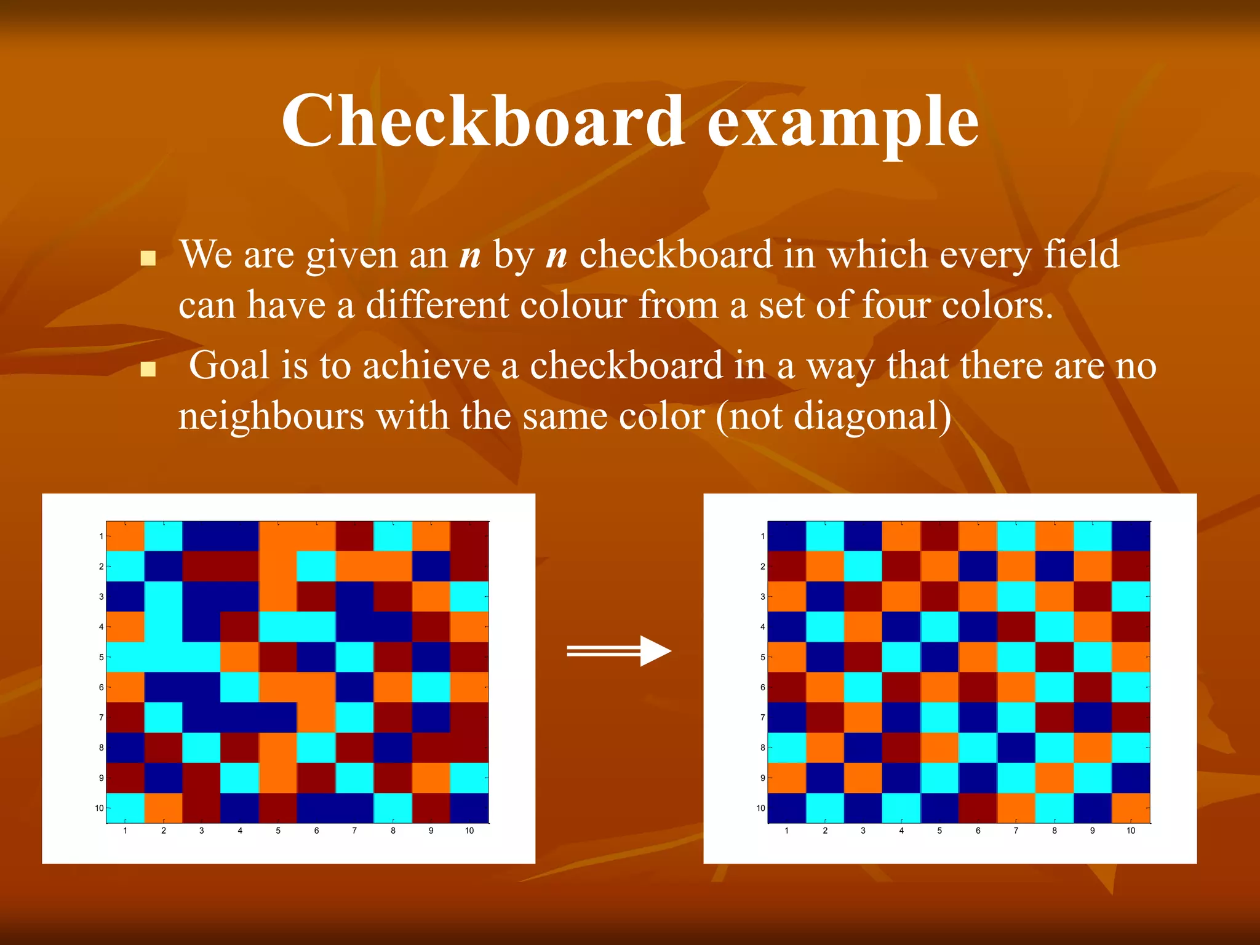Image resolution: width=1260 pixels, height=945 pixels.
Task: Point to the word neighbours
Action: click(271, 416)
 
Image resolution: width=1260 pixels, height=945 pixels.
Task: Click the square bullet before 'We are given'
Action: click(148, 258)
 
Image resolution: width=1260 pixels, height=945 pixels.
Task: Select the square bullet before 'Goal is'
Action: click(148, 369)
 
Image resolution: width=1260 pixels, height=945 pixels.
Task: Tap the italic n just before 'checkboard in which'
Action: click(556, 255)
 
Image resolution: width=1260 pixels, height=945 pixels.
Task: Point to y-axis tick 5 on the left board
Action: click(102, 657)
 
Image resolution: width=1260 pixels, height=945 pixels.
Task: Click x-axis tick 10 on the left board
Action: click(469, 831)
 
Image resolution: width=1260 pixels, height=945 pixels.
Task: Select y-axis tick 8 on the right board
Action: click(763, 748)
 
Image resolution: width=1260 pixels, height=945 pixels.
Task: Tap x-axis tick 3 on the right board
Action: click(863, 831)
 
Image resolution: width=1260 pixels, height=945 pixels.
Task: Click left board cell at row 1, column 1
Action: click(126, 536)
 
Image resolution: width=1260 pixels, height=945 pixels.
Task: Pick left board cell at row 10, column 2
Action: click(164, 808)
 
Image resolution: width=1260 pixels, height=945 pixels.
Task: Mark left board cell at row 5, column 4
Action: click(240, 657)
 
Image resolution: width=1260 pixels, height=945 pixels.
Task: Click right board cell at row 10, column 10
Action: click(1131, 808)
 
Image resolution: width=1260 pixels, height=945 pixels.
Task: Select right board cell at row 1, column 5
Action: click(939, 536)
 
